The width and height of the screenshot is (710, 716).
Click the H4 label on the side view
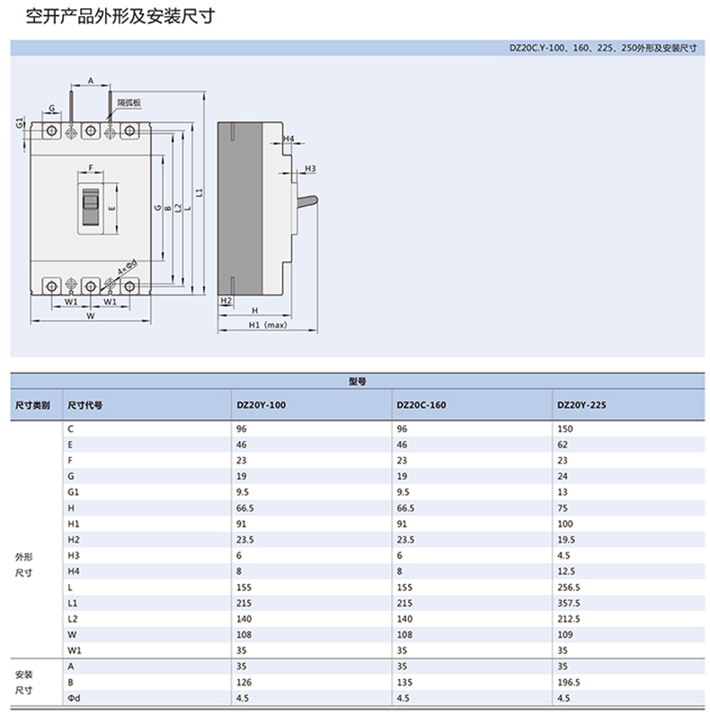coord(288,139)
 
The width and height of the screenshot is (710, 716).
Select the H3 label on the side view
coord(309,169)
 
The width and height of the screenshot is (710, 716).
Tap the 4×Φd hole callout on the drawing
coord(127,266)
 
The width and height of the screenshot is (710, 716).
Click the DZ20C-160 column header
coord(421,405)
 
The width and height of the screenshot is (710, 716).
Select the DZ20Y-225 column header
coord(581,405)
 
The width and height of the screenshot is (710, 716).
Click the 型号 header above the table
coord(357,381)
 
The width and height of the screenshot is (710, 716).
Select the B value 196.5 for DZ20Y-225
coord(569,682)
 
